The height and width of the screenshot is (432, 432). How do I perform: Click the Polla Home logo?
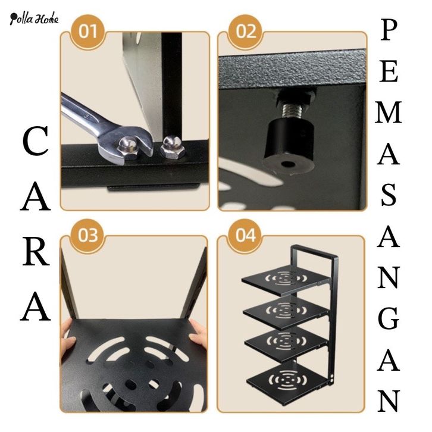click(x=34, y=18)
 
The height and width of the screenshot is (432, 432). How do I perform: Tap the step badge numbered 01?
click(x=88, y=32)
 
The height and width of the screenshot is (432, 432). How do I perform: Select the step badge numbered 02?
click(x=245, y=32)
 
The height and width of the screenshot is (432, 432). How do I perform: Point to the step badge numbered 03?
click(x=88, y=235)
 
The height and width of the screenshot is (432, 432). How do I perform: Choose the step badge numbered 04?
click(x=245, y=235)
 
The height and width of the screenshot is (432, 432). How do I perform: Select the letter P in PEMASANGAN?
click(x=389, y=30)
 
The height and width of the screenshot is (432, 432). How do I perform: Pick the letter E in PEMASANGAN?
click(x=389, y=71)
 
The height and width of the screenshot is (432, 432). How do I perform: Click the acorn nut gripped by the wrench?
click(x=128, y=148)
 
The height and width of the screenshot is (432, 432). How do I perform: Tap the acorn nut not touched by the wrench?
click(x=170, y=148)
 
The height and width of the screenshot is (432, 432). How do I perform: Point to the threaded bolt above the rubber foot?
click(x=292, y=110)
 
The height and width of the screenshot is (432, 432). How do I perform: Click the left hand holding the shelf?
click(x=68, y=338)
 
